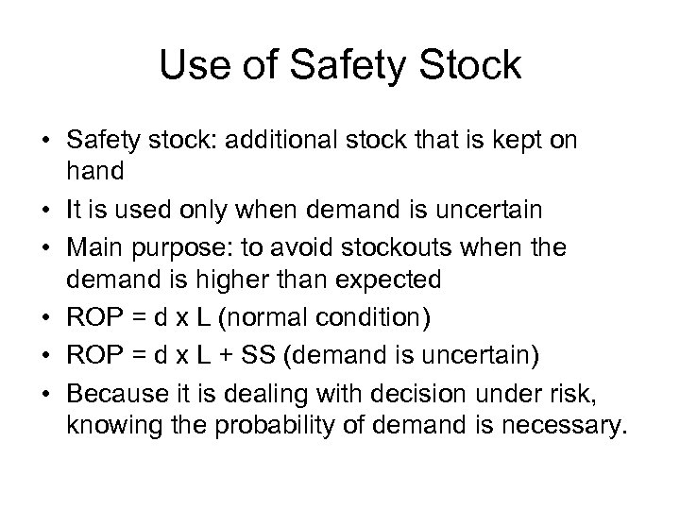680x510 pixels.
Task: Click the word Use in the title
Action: click(191, 65)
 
